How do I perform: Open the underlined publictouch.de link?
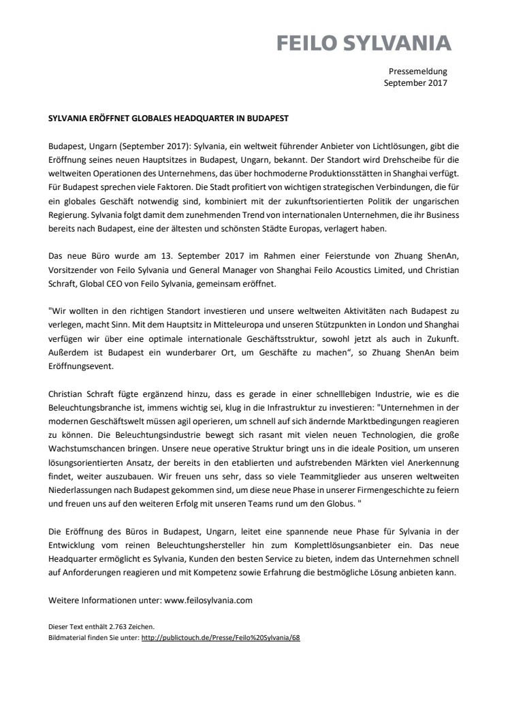[x=221, y=637]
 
